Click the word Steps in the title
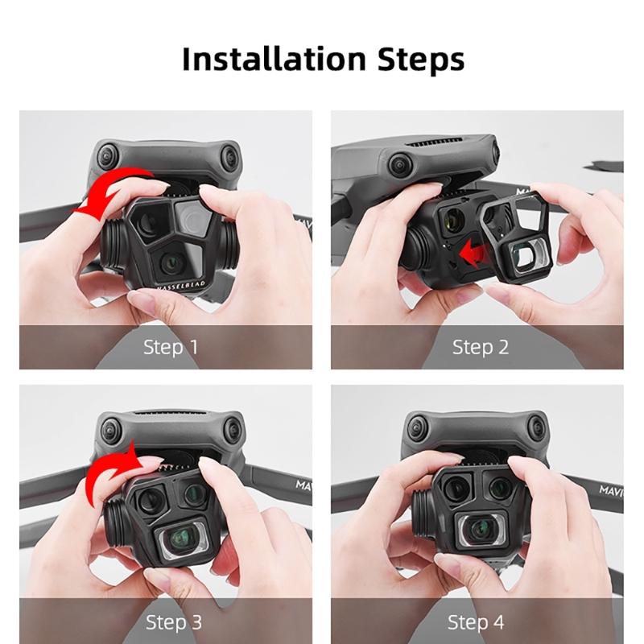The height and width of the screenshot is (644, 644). click(x=416, y=60)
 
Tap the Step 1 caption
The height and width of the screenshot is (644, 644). click(x=170, y=347)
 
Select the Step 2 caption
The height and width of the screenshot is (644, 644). click(x=480, y=347)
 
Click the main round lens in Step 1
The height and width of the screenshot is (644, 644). click(x=171, y=261)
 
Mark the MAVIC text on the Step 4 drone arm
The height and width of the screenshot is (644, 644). click(x=609, y=489)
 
